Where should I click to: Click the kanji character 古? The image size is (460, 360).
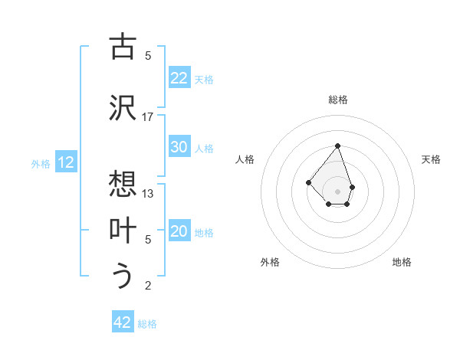tap(123, 47)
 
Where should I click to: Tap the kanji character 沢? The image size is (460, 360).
tap(123, 108)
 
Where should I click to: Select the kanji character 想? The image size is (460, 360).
tap(123, 185)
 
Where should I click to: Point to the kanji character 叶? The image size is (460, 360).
tap(123, 231)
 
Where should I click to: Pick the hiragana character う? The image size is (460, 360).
tap(123, 277)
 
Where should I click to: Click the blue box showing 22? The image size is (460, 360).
tap(179, 78)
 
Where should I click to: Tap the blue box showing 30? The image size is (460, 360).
tap(179, 147)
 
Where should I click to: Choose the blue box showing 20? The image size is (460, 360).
tap(179, 232)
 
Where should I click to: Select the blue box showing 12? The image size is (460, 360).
tap(66, 162)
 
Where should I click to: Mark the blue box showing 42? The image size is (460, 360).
tap(123, 322)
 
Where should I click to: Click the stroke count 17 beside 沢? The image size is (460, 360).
tap(147, 116)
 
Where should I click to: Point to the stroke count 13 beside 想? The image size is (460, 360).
tap(148, 193)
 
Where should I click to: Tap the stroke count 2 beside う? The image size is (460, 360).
tap(148, 286)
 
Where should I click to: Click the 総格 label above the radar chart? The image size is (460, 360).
tap(338, 100)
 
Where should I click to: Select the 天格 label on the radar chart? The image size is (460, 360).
tap(431, 159)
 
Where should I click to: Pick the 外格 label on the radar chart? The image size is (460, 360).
tap(270, 262)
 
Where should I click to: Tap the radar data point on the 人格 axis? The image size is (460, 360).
tap(308, 182)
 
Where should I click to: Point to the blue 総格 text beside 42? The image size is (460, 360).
tap(147, 324)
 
